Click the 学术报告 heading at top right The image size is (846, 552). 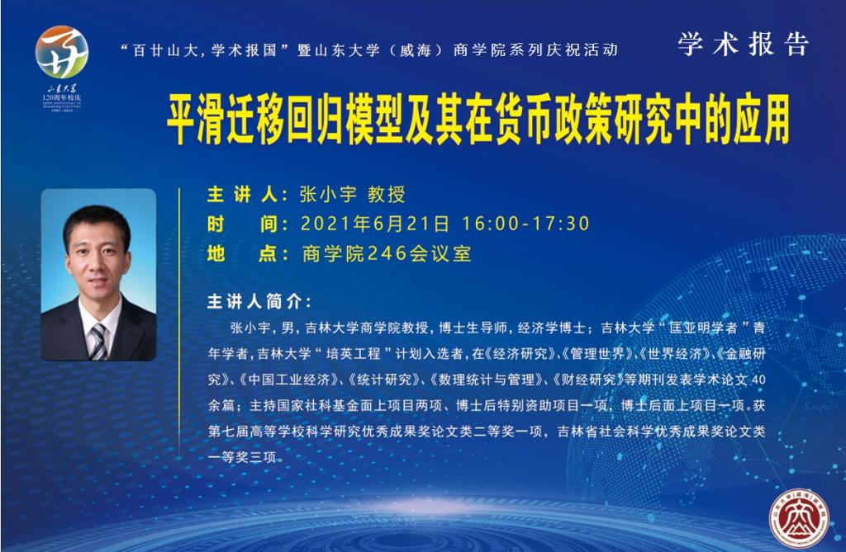(x=743, y=44)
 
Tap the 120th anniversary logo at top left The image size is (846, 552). (x=61, y=68)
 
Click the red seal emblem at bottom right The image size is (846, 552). (x=798, y=518)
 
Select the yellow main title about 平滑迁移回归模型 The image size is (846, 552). (x=478, y=119)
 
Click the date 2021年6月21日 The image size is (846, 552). (x=374, y=224)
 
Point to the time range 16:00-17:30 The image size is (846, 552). (x=525, y=224)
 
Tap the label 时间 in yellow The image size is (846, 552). (x=242, y=224)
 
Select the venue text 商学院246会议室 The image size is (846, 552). (x=387, y=253)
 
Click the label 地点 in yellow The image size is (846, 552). (x=242, y=253)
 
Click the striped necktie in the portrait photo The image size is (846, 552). (x=97, y=342)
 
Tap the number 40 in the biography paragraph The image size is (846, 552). (x=758, y=380)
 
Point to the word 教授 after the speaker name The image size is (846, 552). (x=387, y=195)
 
